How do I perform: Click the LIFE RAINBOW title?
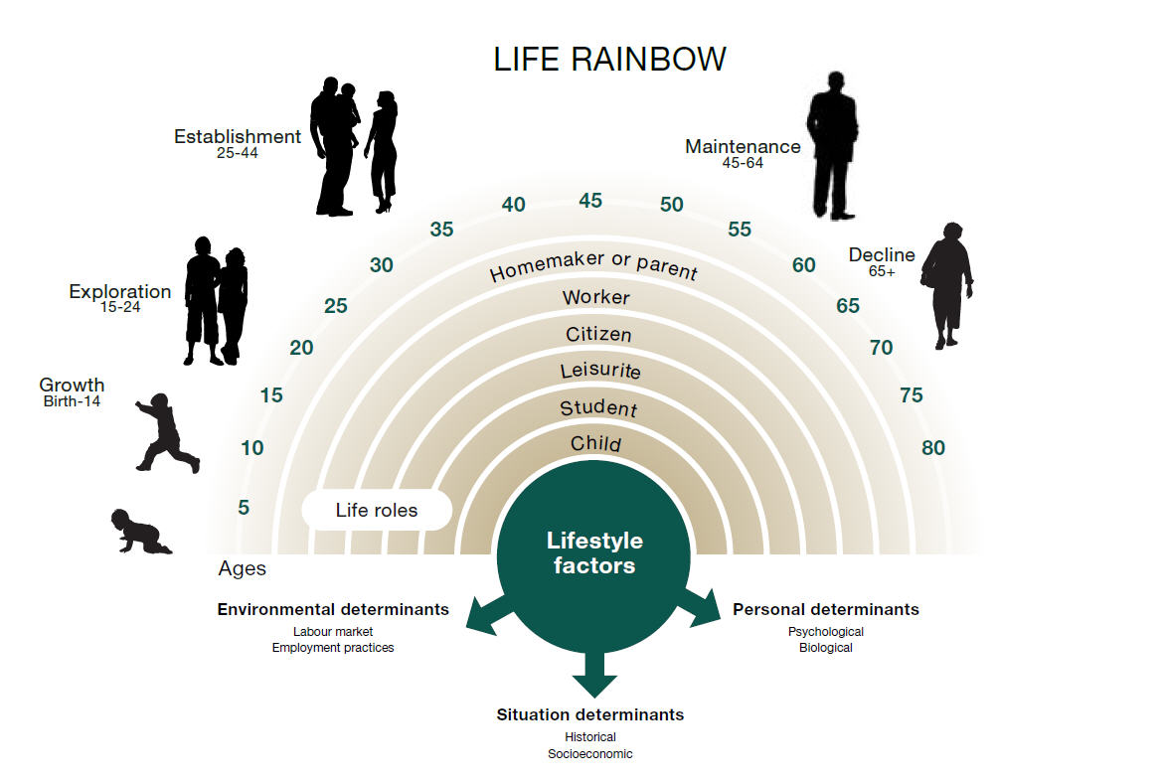[x=609, y=60]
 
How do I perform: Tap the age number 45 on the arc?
[x=590, y=201]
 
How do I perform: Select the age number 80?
[x=933, y=448]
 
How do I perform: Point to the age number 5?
[x=244, y=507]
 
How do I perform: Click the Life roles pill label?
[x=377, y=510]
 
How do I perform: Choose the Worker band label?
[x=596, y=297]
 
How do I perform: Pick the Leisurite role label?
[x=599, y=370]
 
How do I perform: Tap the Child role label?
[x=595, y=443]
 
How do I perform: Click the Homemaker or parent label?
[x=593, y=265]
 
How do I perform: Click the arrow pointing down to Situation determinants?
[x=593, y=672]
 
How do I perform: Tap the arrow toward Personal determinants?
[x=699, y=607]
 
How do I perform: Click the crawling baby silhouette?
[x=141, y=532]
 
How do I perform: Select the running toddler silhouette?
[x=167, y=433]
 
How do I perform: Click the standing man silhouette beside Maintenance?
[x=833, y=145]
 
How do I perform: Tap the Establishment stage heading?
[x=238, y=136]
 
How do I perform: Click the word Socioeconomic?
[x=590, y=753]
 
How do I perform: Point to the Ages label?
[x=242, y=568]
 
